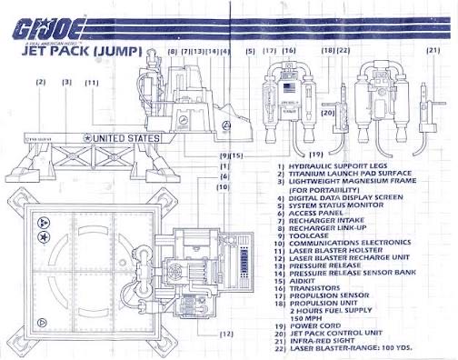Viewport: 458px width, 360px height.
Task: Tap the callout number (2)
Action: point(40,82)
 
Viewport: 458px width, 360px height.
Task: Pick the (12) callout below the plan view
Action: point(226,335)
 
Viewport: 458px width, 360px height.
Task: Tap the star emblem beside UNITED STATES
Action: point(87,138)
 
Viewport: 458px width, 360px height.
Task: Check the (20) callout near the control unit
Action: point(329,113)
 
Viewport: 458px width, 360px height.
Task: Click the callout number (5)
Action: point(250,51)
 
